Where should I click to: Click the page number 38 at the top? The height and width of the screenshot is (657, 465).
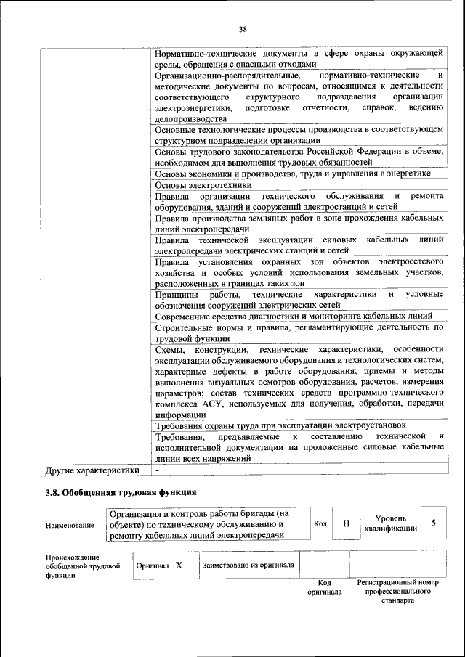coord(243,29)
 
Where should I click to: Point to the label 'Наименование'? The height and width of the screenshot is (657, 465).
coord(70,524)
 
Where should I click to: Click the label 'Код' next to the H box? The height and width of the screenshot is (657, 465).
coord(320,523)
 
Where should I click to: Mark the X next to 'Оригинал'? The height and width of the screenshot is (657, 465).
coord(178,564)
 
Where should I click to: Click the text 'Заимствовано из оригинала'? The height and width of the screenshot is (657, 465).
coord(248,564)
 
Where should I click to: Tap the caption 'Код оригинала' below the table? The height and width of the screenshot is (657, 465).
coord(324,587)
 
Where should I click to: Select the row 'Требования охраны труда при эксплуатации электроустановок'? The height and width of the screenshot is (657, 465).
coord(280,425)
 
